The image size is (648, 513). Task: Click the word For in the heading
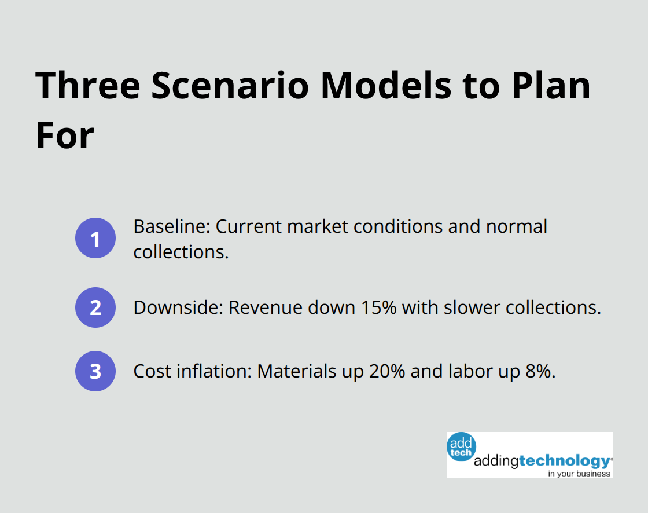tap(65, 135)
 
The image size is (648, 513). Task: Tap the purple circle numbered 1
tap(95, 238)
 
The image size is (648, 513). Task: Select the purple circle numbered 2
tap(95, 307)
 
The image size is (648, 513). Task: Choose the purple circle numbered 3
tap(95, 371)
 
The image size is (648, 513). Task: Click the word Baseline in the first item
tap(171, 226)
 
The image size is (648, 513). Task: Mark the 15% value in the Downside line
tap(378, 307)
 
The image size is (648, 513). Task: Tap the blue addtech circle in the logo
tap(461, 448)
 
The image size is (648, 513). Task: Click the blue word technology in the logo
tap(564, 461)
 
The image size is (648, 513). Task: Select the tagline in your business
tap(579, 473)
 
